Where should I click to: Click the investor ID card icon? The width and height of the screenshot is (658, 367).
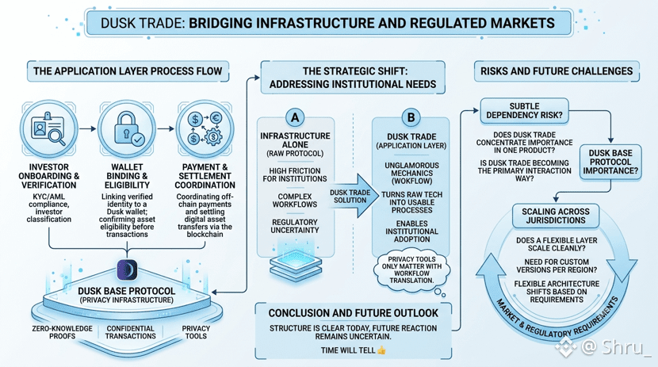point(48,128)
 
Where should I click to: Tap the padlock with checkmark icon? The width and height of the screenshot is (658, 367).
point(127,128)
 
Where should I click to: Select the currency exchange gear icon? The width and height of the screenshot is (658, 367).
point(205,128)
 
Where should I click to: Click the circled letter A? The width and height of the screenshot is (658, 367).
point(295,117)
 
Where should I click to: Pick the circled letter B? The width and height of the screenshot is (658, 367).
point(411,117)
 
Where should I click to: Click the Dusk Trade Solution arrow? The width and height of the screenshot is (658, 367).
point(352,196)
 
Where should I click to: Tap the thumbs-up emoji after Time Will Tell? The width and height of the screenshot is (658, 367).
point(381,350)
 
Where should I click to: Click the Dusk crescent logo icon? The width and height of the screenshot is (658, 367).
point(127,270)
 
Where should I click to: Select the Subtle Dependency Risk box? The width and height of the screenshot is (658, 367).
point(525,111)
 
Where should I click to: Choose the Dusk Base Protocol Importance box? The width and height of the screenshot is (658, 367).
point(610,162)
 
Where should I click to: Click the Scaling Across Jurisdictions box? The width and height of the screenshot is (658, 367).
point(556,216)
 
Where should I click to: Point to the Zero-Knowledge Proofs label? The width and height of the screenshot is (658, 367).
point(62,332)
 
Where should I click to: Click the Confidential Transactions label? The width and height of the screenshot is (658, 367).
point(131,332)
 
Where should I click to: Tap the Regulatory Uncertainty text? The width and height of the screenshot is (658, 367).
point(295,226)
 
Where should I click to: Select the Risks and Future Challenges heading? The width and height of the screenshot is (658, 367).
point(557,71)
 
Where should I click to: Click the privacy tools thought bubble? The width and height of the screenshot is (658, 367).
point(411,270)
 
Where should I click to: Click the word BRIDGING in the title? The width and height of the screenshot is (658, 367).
point(220,23)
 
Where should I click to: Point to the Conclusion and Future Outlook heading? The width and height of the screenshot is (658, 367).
point(354,313)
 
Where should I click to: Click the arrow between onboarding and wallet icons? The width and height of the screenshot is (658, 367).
point(88,128)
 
